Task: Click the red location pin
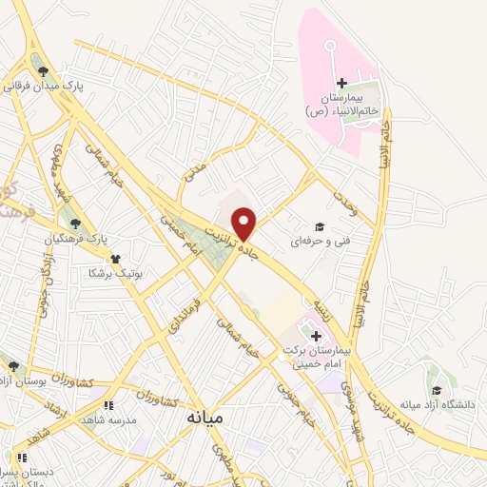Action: [244, 223]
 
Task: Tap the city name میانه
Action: [205, 418]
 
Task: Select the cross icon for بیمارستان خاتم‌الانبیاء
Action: [341, 86]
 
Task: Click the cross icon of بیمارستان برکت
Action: [316, 336]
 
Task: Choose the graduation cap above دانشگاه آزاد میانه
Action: [437, 390]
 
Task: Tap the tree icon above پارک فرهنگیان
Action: [75, 222]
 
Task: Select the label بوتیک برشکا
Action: [115, 273]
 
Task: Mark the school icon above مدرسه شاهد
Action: [107, 404]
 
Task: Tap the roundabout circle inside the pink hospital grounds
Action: [330, 45]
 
